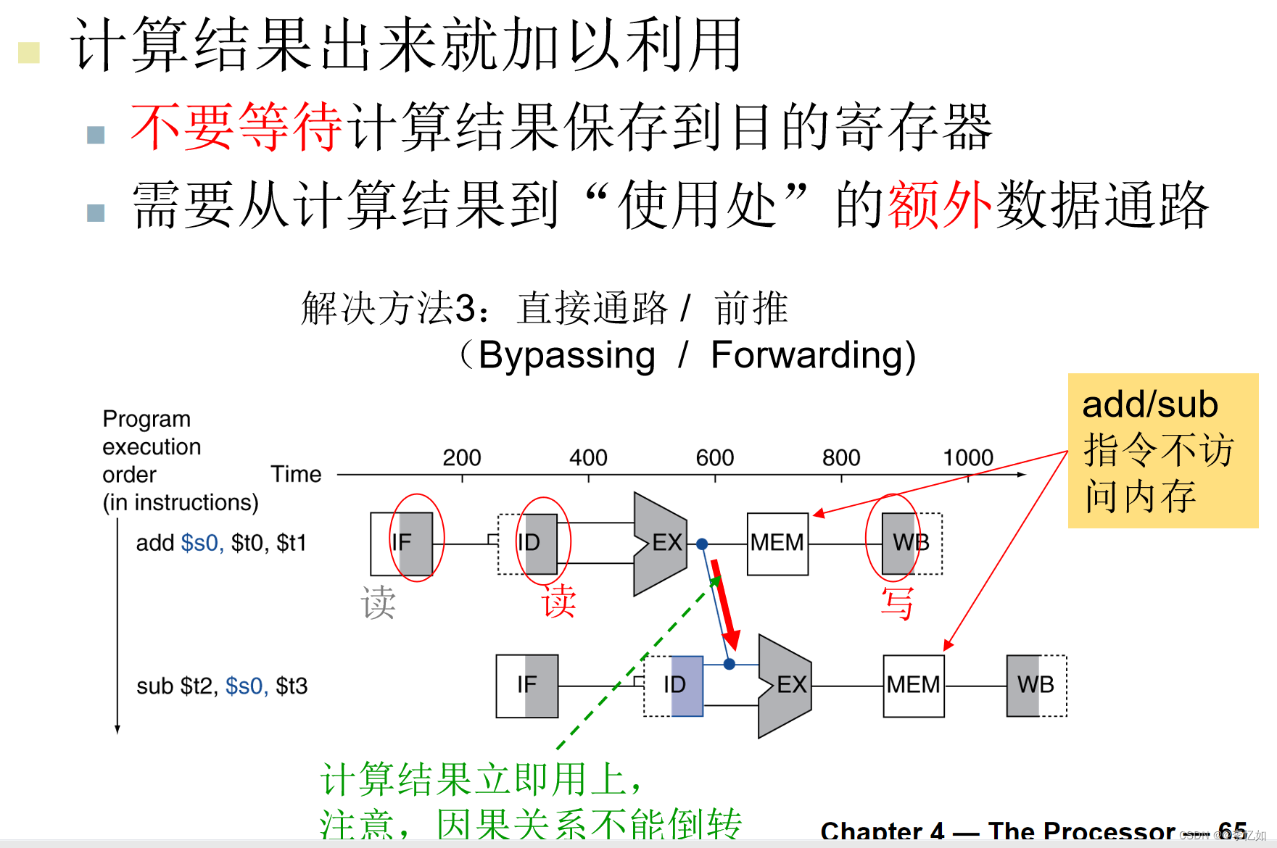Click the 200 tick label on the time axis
click(x=462, y=457)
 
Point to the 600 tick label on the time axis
click(x=714, y=457)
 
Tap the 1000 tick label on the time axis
click(x=967, y=457)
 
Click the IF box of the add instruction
click(x=402, y=544)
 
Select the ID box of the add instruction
click(x=528, y=544)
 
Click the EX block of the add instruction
click(x=660, y=544)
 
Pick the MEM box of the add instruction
click(x=777, y=544)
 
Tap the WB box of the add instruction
click(x=911, y=544)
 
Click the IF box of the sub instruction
click(x=527, y=686)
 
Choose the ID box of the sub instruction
click(x=674, y=686)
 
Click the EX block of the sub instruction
click(x=785, y=686)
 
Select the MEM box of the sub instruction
click(x=913, y=686)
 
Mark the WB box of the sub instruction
click(x=1036, y=686)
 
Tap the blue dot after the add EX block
click(x=702, y=544)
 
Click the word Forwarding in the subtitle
click(x=812, y=356)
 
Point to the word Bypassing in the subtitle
click(x=566, y=356)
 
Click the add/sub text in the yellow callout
click(x=1149, y=404)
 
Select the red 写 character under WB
click(x=897, y=604)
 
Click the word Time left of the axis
click(x=296, y=474)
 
